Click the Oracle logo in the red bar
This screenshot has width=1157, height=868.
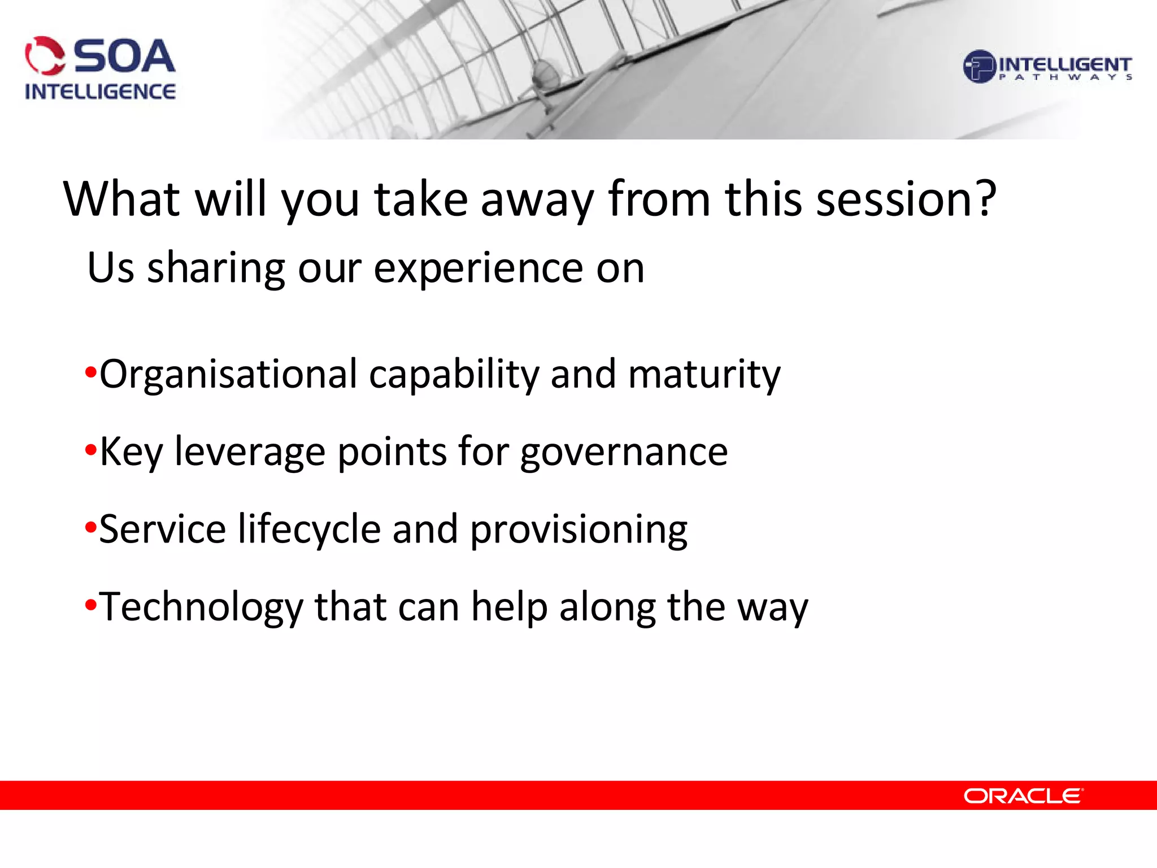(1023, 796)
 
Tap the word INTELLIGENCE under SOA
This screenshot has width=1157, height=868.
(100, 92)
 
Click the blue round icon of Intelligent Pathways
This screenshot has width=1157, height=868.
(978, 67)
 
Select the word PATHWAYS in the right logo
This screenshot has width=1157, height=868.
(1065, 77)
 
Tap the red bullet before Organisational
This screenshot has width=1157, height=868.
(90, 373)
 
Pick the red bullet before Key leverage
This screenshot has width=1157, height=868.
(90, 451)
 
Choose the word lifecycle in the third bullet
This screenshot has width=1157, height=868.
(309, 530)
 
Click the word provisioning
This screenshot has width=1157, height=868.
(578, 531)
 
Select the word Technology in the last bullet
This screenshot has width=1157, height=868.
(201, 607)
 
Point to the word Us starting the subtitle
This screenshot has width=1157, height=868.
(111, 268)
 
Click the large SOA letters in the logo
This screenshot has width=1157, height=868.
(124, 57)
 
